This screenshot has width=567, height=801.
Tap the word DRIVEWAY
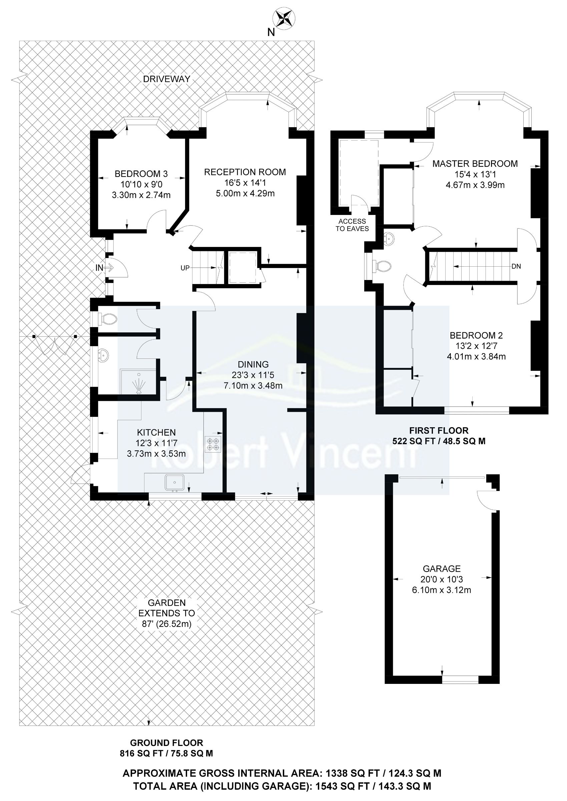point(166,79)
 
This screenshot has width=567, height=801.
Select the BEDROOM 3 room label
point(141,174)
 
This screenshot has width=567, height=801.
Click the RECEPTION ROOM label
point(245,172)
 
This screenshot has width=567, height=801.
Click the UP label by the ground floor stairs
point(185,268)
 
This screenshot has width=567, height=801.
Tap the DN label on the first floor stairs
point(516,266)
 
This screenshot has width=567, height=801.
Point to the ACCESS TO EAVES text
point(352,225)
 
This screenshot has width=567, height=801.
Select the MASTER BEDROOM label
point(475,164)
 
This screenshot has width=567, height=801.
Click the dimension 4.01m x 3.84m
point(476,357)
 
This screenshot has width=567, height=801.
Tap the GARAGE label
point(442,569)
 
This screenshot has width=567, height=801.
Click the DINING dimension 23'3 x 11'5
point(253,375)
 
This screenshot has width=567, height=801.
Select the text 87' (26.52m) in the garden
point(166,624)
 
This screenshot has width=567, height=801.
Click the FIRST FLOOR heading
point(439,431)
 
